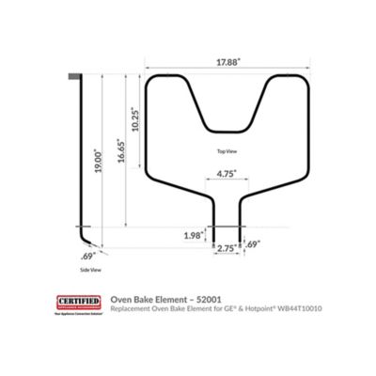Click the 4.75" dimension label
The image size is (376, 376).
click(x=227, y=173)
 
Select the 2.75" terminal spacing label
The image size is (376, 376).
click(x=227, y=249)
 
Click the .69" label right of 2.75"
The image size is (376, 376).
click(x=251, y=243)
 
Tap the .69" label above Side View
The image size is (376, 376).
click(x=88, y=255)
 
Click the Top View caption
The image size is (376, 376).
click(x=225, y=150)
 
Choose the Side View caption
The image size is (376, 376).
click(x=90, y=270)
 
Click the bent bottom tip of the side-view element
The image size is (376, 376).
click(x=86, y=235)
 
